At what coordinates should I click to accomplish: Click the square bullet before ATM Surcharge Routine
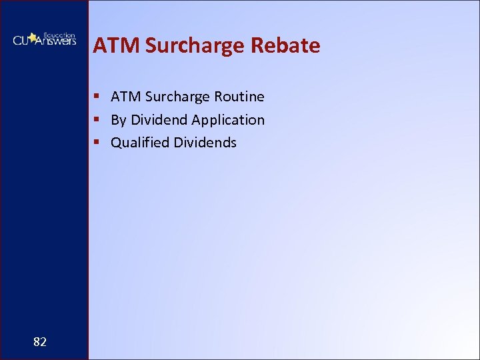click(97, 97)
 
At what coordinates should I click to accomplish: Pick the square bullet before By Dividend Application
click(97, 120)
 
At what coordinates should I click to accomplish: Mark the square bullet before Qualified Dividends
click(97, 143)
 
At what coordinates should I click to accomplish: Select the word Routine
click(239, 97)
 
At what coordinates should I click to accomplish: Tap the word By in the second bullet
click(119, 121)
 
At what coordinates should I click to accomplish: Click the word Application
click(228, 121)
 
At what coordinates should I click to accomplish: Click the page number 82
click(40, 342)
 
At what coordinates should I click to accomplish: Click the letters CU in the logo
click(23, 41)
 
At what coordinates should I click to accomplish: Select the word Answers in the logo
click(57, 41)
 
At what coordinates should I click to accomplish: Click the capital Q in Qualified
click(116, 143)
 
